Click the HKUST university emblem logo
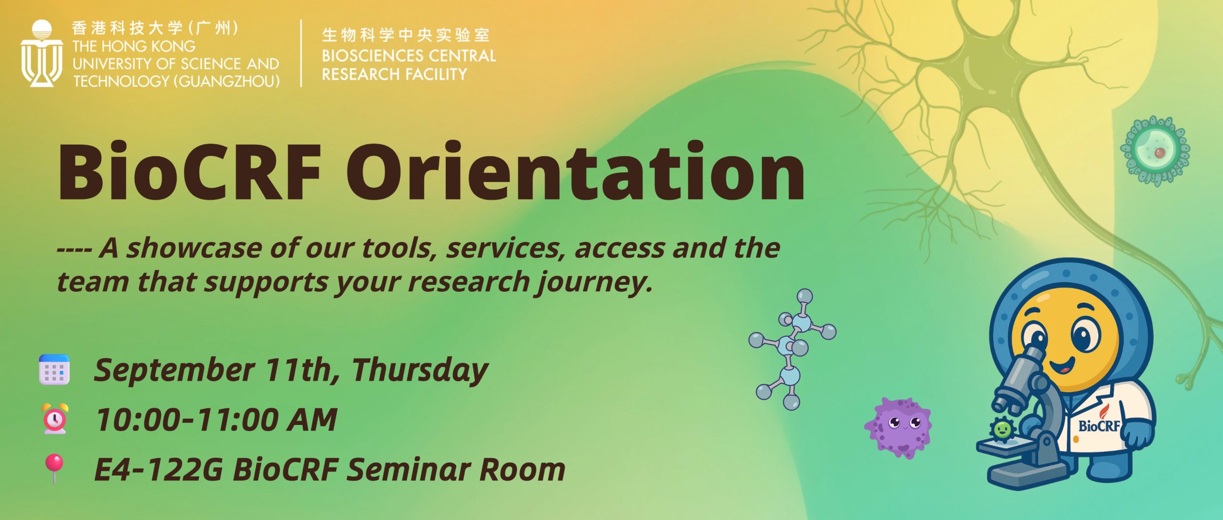click(x=42, y=53)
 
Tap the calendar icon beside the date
click(x=54, y=370)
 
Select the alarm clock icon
click(x=55, y=419)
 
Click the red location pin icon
click(x=54, y=468)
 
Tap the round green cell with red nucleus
click(x=1155, y=151)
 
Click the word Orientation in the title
click(x=575, y=171)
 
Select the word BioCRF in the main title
click(x=189, y=171)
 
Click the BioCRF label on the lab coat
click(x=1099, y=425)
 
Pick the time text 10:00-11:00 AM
click(x=216, y=420)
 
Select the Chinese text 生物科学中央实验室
click(x=406, y=35)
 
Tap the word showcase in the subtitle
click(x=194, y=248)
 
